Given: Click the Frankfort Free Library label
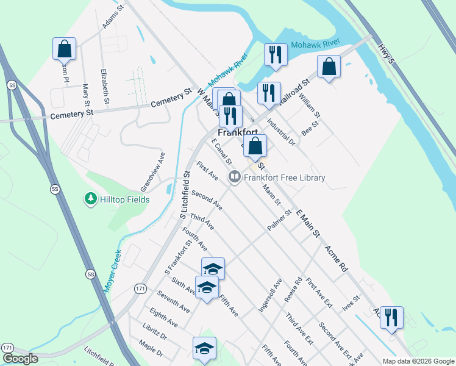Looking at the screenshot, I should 285,178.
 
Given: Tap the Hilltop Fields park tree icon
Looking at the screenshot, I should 90,199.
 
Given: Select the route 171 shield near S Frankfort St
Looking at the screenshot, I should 141,287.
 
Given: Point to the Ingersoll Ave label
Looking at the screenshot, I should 269,295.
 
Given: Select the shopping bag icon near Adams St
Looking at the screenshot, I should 64,49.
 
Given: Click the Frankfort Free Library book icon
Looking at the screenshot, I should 234,178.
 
